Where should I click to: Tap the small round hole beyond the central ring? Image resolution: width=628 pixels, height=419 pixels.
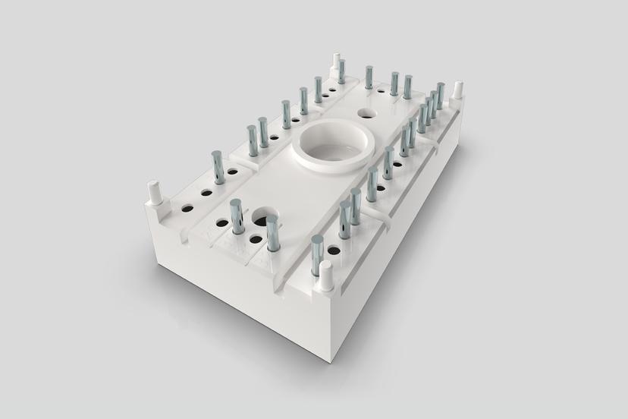[366, 114]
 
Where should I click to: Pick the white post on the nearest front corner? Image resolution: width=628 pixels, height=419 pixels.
[326, 276]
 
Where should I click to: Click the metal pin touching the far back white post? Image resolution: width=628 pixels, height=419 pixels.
[341, 71]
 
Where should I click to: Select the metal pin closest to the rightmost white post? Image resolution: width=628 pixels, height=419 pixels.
[440, 95]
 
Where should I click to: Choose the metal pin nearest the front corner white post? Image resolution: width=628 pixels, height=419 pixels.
[316, 254]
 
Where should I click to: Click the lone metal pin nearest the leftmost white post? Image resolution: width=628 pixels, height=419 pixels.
[218, 166]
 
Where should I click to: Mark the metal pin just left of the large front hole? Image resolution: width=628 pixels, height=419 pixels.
[236, 216]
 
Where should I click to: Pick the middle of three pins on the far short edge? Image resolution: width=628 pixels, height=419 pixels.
[394, 83]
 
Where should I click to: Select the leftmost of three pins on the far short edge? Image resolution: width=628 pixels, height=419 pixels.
[369, 77]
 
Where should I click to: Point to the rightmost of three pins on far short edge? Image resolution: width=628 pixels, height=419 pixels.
[408, 86]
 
